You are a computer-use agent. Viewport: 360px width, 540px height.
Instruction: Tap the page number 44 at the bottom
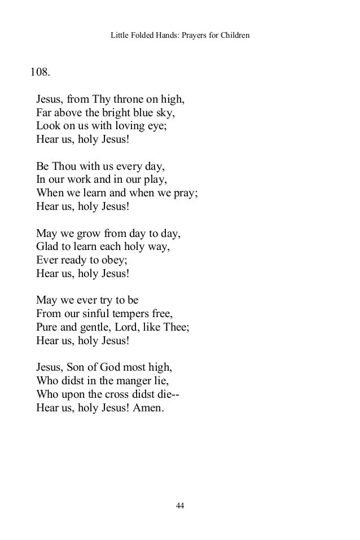[x=180, y=505]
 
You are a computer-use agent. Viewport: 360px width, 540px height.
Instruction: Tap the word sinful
[x=95, y=312]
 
